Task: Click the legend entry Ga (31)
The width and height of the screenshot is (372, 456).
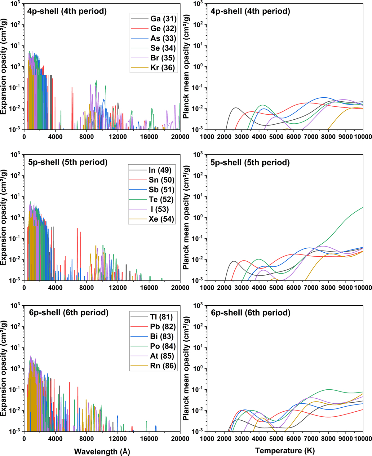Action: (163, 19)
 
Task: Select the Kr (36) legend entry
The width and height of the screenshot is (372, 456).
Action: (162, 68)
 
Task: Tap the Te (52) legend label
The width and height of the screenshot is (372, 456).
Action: (161, 200)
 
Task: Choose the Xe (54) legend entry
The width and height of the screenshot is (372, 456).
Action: (161, 219)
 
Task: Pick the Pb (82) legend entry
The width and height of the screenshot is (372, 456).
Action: (163, 327)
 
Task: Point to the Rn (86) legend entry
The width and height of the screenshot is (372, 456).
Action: (163, 366)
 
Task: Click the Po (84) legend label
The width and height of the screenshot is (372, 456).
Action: (163, 346)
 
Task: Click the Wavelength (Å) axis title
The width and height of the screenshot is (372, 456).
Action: (102, 451)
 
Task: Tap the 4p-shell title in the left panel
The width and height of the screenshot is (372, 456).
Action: (67, 11)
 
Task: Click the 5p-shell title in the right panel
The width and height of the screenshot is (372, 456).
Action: (250, 162)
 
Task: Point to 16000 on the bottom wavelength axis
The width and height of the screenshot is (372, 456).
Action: (149, 439)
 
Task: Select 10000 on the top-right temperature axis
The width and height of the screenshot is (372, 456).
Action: (363, 137)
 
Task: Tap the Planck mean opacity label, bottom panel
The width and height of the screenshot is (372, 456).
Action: (186, 368)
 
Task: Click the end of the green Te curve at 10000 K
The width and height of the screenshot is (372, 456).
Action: (363, 207)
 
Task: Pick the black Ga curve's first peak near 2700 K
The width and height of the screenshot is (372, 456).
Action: (236, 108)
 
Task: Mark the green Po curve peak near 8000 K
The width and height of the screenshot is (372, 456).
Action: (329, 390)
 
